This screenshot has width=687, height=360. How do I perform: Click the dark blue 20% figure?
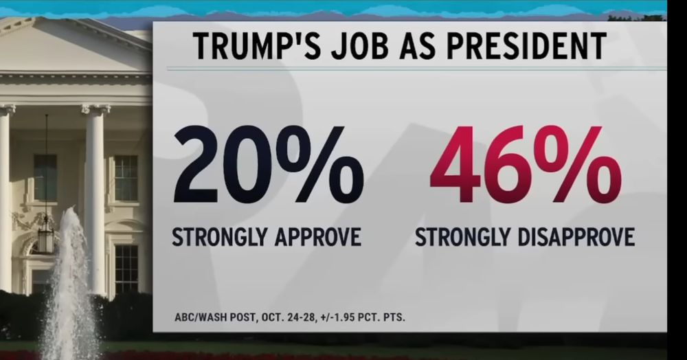(267, 166)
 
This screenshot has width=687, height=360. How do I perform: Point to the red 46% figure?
(525, 166)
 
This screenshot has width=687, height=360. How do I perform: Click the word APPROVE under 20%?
(318, 238)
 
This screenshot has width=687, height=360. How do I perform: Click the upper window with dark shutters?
(126, 178)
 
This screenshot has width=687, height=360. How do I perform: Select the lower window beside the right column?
(126, 268)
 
